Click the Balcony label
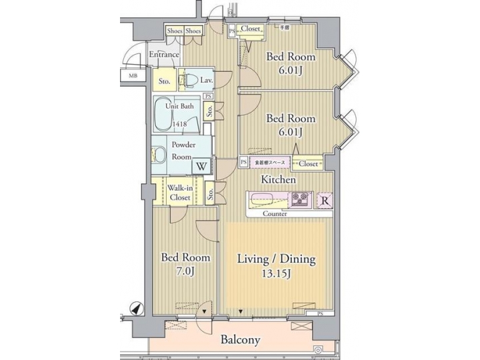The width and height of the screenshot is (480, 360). coord(241,340)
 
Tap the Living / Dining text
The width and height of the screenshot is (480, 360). coord(276,259)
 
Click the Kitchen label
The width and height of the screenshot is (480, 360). coord(279,180)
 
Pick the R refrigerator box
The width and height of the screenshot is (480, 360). coord(325,199)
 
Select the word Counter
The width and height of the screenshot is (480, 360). coord(275,214)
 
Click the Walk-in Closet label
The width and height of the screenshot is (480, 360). coord(179,193)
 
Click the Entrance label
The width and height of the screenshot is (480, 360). coord(163,55)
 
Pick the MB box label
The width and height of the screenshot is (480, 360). coord(133,76)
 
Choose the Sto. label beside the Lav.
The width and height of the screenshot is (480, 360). coord(165,81)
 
